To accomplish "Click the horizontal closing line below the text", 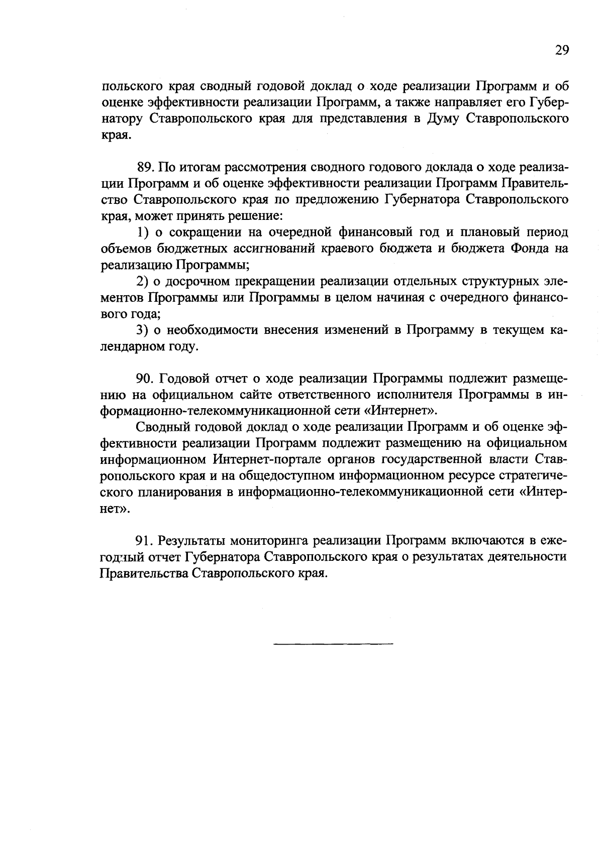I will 334,644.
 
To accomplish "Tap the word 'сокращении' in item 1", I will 203,232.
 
